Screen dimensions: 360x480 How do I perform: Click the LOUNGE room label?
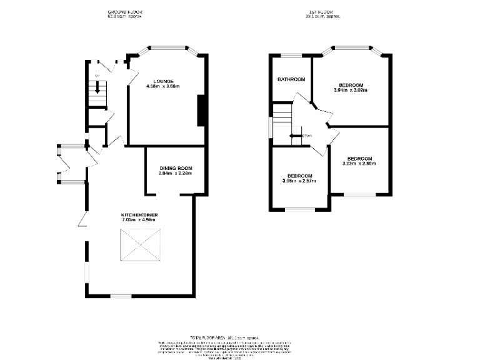coord(164,81)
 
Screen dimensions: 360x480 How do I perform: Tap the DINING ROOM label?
coord(176,168)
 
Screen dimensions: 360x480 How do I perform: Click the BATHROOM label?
coord(291,79)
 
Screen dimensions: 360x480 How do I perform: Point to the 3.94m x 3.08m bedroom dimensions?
coord(351,90)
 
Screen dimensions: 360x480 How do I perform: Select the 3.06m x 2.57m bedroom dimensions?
coord(299,181)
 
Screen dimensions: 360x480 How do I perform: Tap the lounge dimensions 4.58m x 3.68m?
coord(162,86)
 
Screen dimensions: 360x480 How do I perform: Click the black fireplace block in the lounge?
coord(201,111)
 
